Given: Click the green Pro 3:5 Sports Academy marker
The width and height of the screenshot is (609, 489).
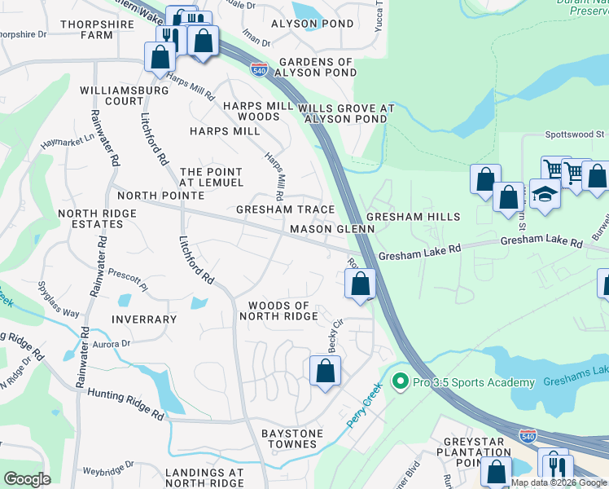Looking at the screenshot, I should click(400, 381).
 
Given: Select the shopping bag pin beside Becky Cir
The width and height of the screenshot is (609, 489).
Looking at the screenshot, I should click(325, 371).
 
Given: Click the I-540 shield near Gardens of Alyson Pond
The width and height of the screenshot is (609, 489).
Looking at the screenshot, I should click(260, 68).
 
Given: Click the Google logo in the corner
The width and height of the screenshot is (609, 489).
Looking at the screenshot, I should click(27, 479).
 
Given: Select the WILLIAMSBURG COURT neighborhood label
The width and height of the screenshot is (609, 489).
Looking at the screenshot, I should click(112, 95).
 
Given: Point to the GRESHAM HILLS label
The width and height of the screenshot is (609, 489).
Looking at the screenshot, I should click(413, 217).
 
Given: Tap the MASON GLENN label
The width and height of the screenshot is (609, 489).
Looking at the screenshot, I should click(332, 230).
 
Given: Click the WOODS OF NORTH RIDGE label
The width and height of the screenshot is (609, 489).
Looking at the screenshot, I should click(278, 311).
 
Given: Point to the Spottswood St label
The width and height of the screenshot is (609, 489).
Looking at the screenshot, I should click(574, 133).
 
